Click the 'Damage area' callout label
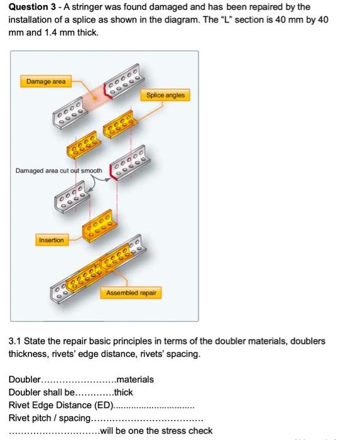point(46,81)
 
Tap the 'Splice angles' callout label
point(165,95)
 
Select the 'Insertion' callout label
point(52,240)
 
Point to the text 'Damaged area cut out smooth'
point(59,170)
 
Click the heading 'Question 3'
point(34,7)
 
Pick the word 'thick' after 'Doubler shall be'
point(123,392)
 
